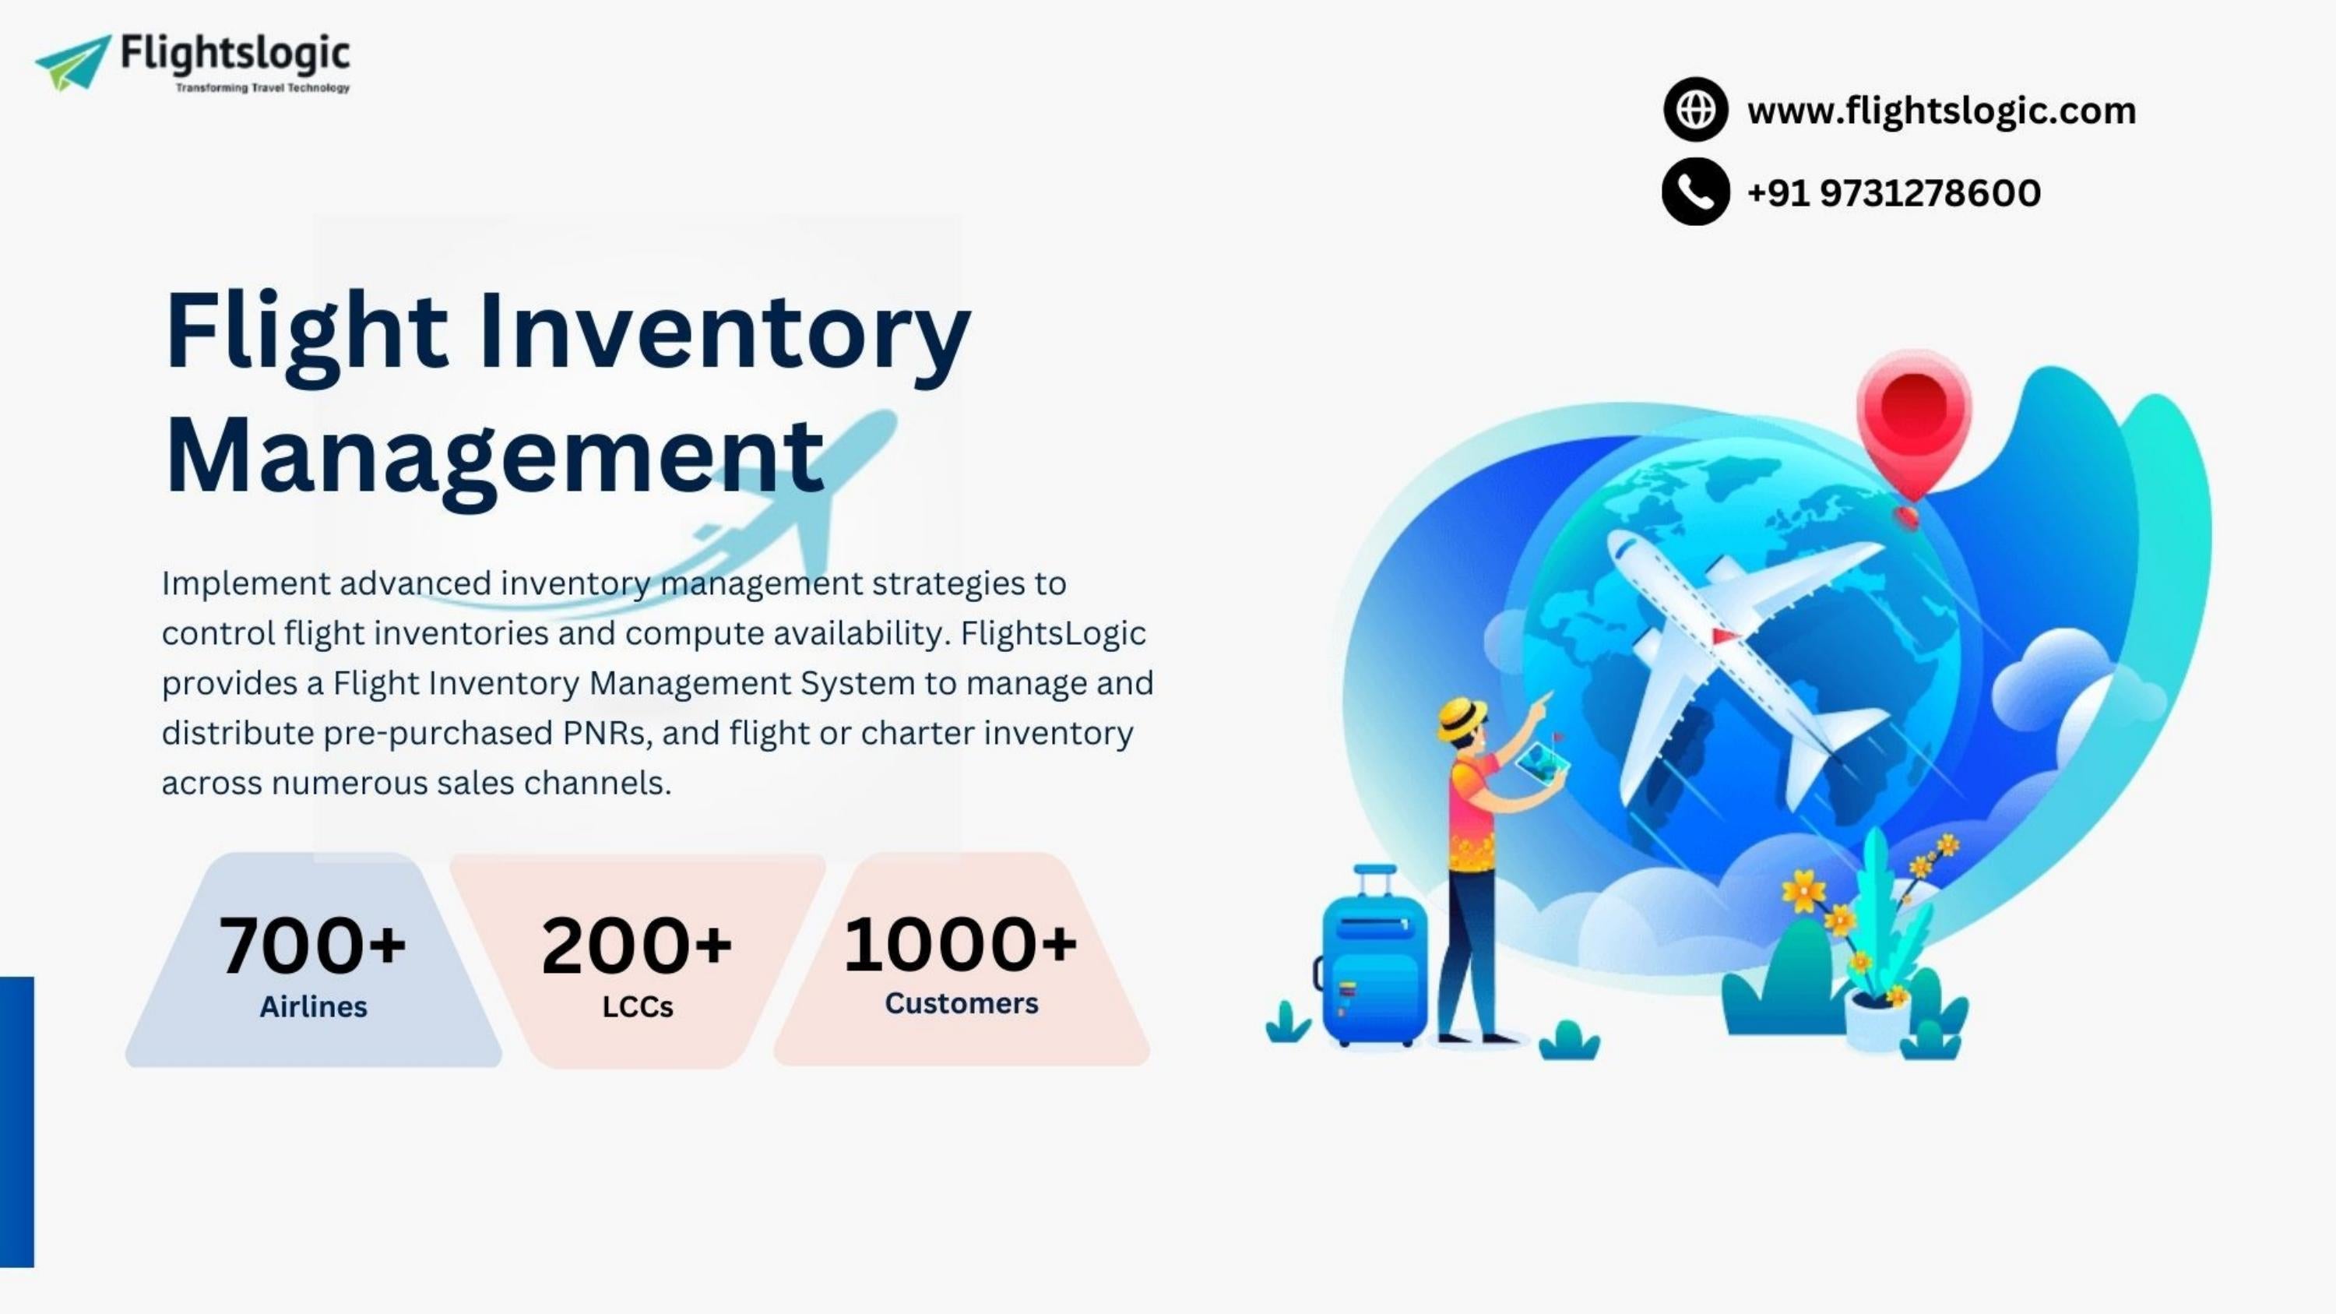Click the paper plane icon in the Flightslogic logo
72,62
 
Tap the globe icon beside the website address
1695,110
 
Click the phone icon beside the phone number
1695,192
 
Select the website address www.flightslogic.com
1940,111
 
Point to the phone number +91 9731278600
1894,192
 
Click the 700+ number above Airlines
312,945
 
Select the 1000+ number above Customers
960,943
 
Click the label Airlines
313,1006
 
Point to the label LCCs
638,1006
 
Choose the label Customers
961,1003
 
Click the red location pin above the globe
1913,417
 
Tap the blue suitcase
1374,966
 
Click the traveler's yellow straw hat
1461,717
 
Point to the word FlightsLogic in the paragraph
1053,633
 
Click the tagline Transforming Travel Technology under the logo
262,88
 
